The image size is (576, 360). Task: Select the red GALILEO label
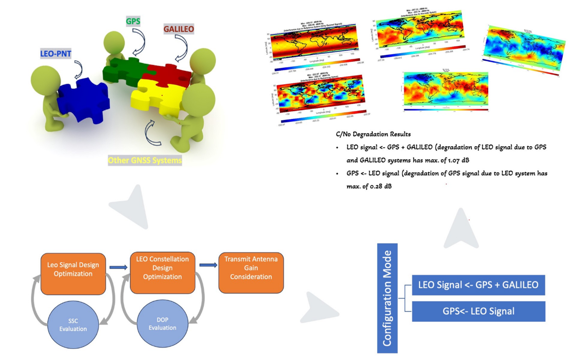[179, 30]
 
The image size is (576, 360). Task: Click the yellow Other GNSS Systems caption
[145, 160]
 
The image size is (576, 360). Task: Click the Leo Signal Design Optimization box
[73, 269]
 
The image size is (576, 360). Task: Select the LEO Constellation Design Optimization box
[162, 268]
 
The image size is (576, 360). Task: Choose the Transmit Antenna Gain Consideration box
[251, 268]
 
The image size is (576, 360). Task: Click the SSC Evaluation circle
[73, 324]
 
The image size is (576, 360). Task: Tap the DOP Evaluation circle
[162, 324]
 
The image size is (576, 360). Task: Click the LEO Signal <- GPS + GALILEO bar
[478, 285]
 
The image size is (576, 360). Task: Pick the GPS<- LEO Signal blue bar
[478, 311]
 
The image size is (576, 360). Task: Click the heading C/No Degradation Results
[373, 134]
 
